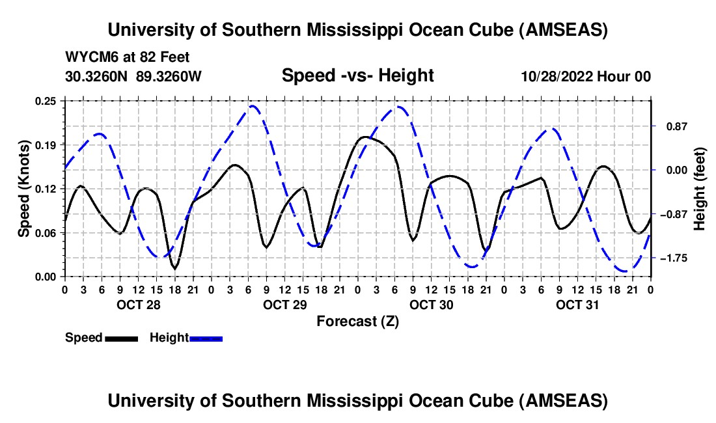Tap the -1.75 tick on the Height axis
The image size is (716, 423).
(674, 258)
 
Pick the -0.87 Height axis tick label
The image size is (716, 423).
(674, 214)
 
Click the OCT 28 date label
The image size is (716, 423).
(137, 305)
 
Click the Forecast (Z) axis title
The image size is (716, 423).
(357, 321)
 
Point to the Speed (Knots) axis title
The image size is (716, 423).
(24, 188)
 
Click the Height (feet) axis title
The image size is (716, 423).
(700, 188)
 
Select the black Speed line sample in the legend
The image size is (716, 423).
(121, 338)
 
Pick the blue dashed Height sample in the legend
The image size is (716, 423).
(206, 338)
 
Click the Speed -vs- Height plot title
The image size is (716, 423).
(357, 75)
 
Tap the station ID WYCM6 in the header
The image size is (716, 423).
(88, 57)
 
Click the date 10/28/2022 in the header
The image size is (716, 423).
(555, 77)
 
